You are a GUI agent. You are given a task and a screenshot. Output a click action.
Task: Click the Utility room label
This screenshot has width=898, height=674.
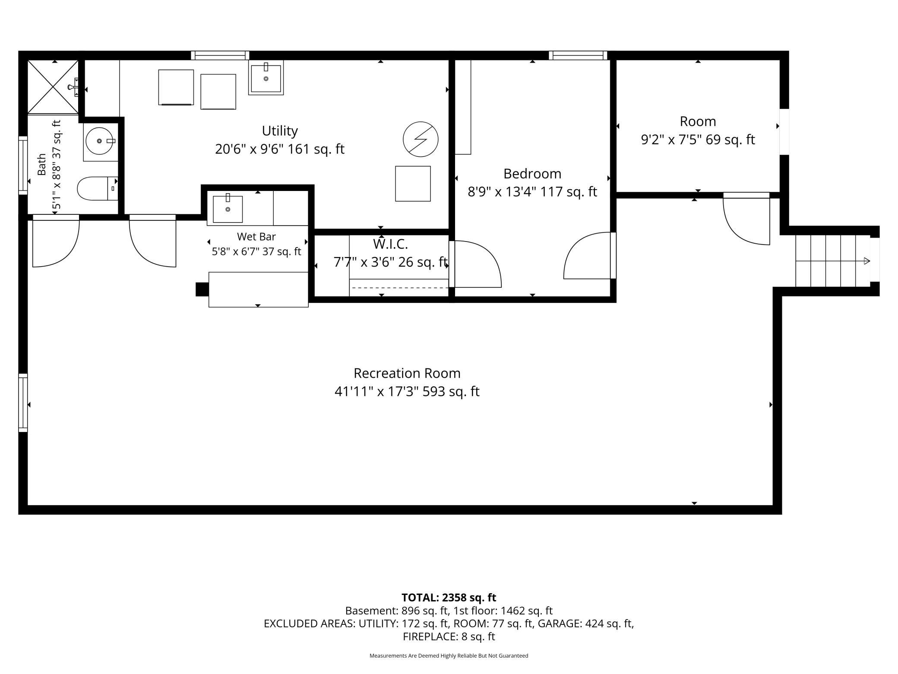click(x=280, y=130)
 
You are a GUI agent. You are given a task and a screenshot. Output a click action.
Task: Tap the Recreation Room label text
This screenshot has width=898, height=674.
click(x=407, y=373)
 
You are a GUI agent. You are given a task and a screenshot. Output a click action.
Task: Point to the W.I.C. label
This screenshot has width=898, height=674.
click(x=390, y=244)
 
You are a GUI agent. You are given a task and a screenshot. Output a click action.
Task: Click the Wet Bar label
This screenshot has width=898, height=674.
click(x=256, y=237)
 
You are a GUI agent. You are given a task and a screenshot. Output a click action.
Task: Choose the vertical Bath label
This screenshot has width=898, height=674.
click(x=41, y=164)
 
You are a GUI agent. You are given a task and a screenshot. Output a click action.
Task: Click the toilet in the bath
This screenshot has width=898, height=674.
click(x=97, y=188)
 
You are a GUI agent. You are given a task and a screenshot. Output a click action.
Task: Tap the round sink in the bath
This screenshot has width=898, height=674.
click(x=100, y=141)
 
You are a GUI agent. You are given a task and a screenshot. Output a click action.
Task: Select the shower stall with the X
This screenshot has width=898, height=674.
click(x=53, y=87)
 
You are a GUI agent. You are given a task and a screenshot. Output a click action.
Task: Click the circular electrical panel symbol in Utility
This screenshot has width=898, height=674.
click(x=421, y=139)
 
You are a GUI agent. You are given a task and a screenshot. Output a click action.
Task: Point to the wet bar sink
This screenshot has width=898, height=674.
click(x=228, y=209)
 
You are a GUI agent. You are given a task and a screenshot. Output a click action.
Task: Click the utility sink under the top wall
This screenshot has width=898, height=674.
click(x=266, y=78)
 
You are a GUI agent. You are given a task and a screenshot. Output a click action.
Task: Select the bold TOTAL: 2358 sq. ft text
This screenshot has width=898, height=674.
click(x=449, y=598)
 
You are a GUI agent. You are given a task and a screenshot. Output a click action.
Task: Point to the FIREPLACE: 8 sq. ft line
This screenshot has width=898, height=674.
click(x=449, y=636)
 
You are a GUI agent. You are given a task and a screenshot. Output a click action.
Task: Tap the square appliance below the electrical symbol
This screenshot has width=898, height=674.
click(x=413, y=184)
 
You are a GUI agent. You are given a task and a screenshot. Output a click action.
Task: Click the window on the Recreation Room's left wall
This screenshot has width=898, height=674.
click(x=23, y=403)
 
